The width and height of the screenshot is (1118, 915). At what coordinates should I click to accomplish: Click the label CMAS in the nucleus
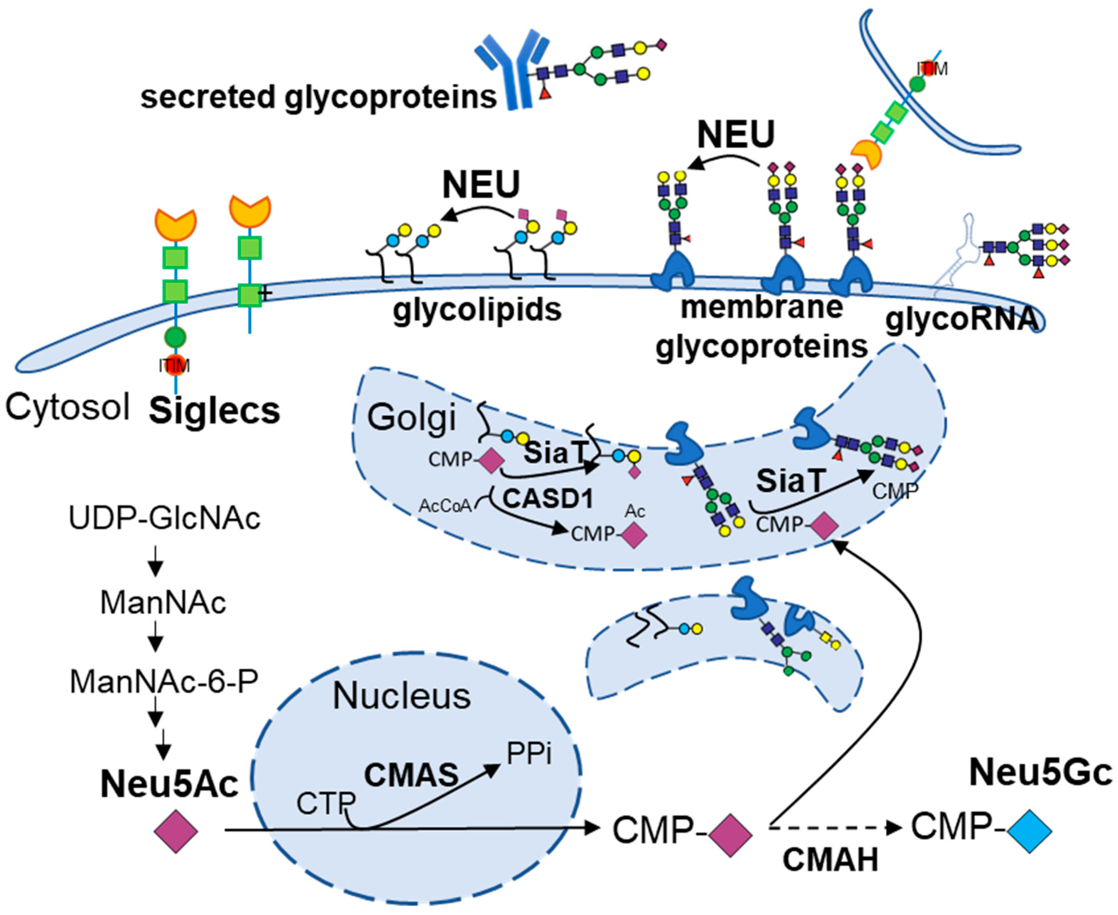pyautogui.click(x=411, y=775)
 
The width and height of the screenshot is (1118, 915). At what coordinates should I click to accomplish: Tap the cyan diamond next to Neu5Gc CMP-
pyautogui.click(x=1029, y=831)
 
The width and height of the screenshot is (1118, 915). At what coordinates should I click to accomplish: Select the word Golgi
pyautogui.click(x=411, y=418)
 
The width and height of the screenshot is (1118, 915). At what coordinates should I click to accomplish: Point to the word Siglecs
pyautogui.click(x=214, y=411)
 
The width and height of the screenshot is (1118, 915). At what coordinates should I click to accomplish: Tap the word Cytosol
pyautogui.click(x=67, y=407)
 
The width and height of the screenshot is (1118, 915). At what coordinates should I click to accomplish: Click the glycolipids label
pyautogui.click(x=477, y=310)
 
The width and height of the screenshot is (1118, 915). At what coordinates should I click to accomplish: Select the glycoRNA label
pyautogui.click(x=962, y=319)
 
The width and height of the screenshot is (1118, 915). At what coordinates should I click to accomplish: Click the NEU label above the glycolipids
pyautogui.click(x=481, y=184)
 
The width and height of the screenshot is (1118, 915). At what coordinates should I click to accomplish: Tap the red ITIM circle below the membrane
pyautogui.click(x=174, y=365)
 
